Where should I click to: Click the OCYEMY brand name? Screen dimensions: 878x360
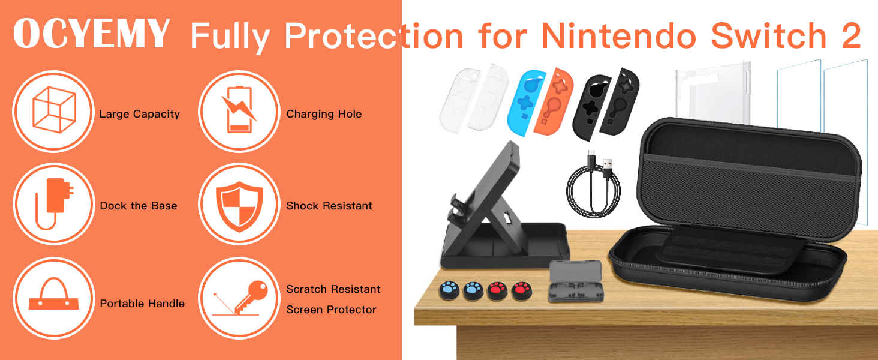tap(92, 34)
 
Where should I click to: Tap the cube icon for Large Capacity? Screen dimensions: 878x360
tap(54, 110)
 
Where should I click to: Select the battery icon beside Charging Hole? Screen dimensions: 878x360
tap(239, 110)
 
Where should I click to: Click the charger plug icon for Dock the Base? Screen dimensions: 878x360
tap(54, 204)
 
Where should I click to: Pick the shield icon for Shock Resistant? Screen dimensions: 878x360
tap(239, 206)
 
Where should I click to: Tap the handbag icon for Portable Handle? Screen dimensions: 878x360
tap(54, 294)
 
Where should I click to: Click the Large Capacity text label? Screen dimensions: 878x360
tap(140, 114)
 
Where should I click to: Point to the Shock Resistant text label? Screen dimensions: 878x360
tap(329, 206)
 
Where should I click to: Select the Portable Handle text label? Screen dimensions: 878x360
tap(142, 304)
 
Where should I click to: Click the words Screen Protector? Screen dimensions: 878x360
tap(331, 310)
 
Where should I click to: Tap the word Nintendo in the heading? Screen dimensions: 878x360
tap(619, 35)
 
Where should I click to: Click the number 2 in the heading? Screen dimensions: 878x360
tap(850, 35)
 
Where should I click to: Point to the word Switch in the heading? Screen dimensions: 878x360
tap(769, 35)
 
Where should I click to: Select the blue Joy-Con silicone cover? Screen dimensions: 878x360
tap(525, 103)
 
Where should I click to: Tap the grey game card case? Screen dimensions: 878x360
tap(575, 281)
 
